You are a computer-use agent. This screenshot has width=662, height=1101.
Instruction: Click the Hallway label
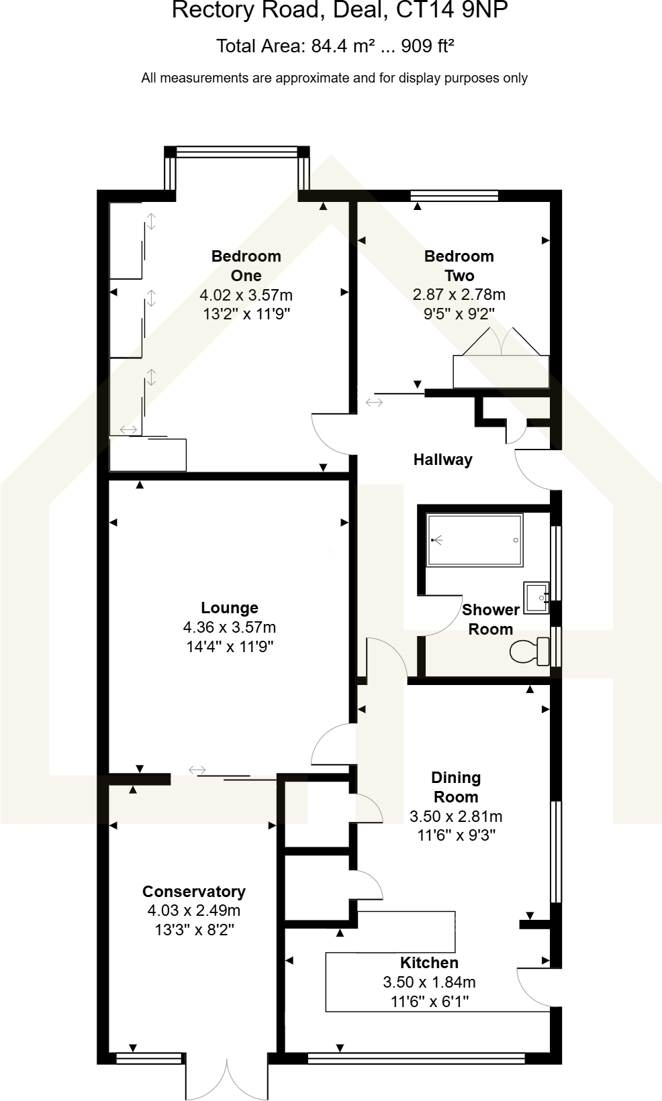(442, 460)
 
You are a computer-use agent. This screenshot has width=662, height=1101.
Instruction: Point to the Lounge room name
(230, 608)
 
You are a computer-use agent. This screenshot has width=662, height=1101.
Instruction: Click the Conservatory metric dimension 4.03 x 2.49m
(194, 910)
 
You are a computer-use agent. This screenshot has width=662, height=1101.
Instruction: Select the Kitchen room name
(429, 963)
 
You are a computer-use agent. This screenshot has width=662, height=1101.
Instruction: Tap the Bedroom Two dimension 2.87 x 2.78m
(459, 295)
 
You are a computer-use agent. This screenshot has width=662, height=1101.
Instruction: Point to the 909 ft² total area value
(428, 46)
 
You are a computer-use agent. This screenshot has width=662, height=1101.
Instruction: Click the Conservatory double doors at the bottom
(226, 1079)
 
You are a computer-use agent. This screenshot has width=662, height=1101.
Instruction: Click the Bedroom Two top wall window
(454, 196)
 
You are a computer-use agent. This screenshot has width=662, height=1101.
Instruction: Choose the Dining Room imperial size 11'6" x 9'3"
(457, 835)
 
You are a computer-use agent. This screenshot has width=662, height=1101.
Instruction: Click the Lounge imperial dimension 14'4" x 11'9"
(230, 647)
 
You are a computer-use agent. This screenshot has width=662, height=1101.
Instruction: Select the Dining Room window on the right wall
(555, 851)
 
